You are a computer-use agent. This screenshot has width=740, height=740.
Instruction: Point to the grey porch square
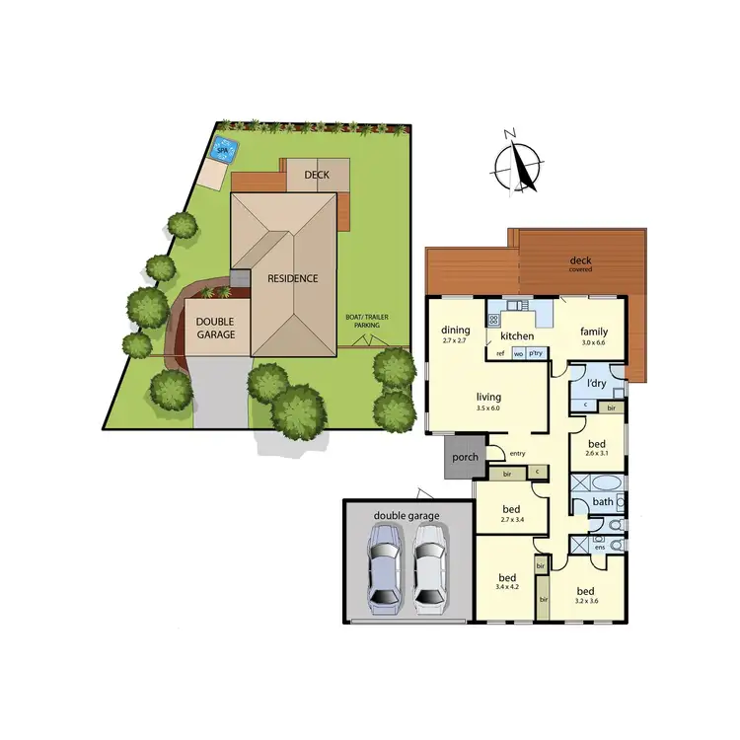(464, 459)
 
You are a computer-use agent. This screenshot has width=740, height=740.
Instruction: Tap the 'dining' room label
(455, 332)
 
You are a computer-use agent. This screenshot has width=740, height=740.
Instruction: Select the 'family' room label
(594, 332)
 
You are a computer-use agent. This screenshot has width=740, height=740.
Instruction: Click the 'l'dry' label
(596, 383)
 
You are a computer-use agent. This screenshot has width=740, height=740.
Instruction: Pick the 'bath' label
(604, 502)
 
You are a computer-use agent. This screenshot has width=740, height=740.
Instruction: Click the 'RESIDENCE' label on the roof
(293, 278)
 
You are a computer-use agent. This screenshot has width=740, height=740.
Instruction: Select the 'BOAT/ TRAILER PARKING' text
(363, 321)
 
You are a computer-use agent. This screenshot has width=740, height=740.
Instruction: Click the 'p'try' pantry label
(536, 352)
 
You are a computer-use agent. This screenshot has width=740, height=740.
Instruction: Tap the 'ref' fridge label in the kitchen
(500, 352)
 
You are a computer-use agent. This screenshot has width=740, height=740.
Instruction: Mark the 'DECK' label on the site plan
(316, 175)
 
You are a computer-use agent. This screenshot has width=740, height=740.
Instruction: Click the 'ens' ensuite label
(599, 547)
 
